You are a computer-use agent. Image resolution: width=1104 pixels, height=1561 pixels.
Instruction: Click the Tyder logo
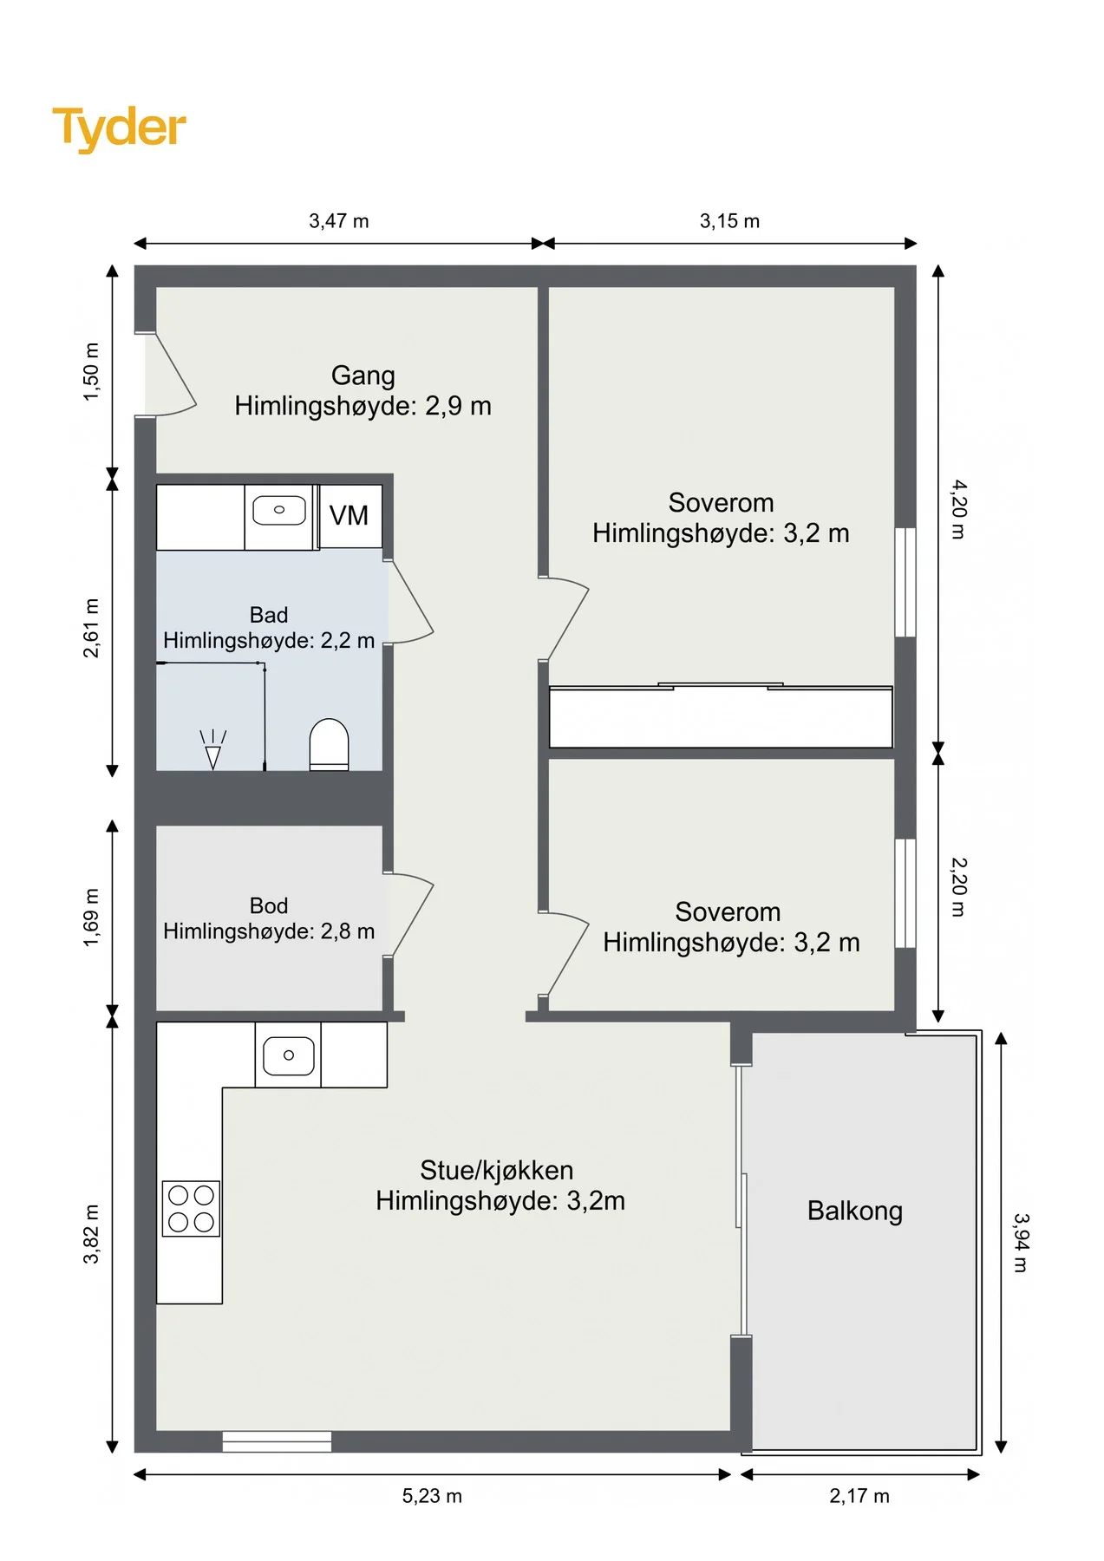tap(120, 128)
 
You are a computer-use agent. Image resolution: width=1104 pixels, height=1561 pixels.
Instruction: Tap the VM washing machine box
tap(350, 516)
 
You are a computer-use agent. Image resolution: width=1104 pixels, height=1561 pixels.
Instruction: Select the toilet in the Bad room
tap(330, 744)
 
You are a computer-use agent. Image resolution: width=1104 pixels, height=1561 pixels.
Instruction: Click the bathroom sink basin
tap(279, 510)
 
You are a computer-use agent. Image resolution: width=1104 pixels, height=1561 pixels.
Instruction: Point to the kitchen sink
tap(288, 1055)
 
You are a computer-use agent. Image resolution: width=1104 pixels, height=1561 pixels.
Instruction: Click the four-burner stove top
tap(192, 1209)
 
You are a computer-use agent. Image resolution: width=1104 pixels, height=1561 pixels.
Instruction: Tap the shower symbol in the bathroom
tap(212, 749)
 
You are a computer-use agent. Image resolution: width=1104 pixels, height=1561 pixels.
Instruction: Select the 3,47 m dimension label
tap(339, 221)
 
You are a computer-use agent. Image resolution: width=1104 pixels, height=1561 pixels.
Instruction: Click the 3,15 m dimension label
tap(730, 221)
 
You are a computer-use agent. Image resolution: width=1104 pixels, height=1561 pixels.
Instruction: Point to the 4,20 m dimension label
tap(957, 509)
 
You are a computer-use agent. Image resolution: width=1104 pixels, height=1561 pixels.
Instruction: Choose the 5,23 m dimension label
tap(432, 1496)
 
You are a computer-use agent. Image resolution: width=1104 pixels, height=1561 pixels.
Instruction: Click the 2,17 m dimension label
tap(859, 1496)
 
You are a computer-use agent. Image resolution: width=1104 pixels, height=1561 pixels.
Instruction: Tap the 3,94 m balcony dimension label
tap(1021, 1243)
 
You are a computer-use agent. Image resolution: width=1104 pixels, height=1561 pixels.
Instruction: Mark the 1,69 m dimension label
tap(91, 917)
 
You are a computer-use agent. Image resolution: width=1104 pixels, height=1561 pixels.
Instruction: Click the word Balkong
tap(855, 1211)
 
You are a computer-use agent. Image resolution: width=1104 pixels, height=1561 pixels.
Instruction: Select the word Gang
tap(363, 376)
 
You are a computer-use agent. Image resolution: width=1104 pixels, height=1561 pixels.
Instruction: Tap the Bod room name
tap(269, 905)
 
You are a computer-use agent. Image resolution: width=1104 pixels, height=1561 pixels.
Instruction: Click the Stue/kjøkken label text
tap(497, 1171)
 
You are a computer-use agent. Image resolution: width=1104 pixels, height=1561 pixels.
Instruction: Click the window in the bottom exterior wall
tap(277, 1441)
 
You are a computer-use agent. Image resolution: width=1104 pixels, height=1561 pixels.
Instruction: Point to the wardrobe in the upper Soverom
tap(721, 716)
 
